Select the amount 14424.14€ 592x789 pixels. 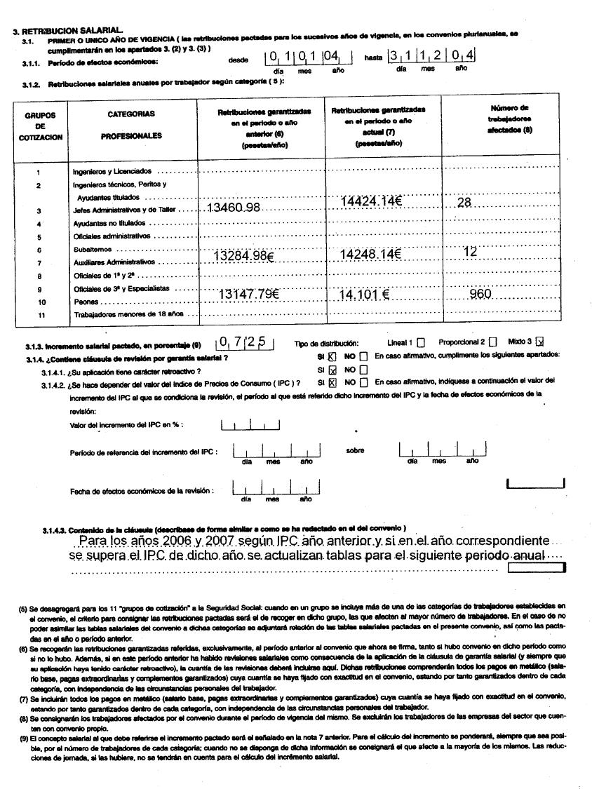[370, 202]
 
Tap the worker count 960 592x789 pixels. [480, 294]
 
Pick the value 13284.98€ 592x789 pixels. [243, 256]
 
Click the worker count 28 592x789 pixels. [464, 203]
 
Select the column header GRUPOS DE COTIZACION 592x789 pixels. [41, 126]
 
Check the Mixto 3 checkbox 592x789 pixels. [539, 342]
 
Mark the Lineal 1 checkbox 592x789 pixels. [420, 342]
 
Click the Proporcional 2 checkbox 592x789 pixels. [492, 342]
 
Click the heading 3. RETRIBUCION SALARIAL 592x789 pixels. [68, 32]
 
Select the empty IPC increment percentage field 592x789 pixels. [250, 425]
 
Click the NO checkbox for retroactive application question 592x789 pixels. [363, 370]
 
